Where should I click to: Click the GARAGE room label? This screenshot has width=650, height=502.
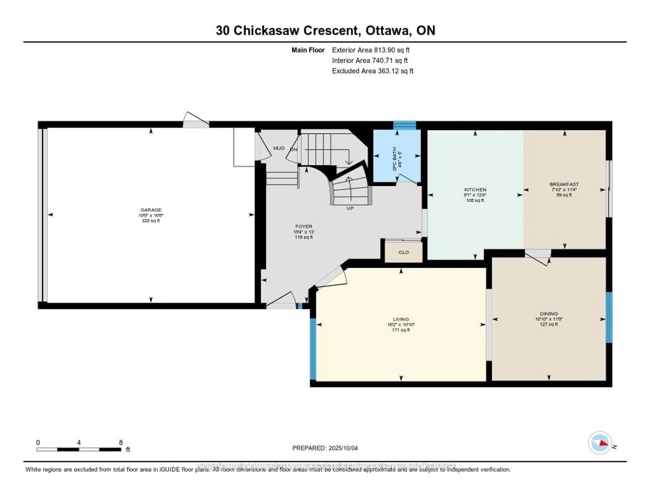[151, 210]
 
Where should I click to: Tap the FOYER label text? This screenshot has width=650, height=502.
[304, 226]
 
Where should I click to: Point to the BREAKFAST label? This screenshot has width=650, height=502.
[564, 184]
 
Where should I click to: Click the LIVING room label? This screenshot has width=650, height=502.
[401, 319]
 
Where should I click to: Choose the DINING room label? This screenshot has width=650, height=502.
[548, 314]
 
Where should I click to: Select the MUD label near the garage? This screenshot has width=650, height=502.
[279, 148]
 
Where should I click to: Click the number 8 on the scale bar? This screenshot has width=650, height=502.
[121, 442]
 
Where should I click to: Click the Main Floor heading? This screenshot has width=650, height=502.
[308, 50]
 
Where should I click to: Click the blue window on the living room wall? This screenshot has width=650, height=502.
[313, 349]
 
